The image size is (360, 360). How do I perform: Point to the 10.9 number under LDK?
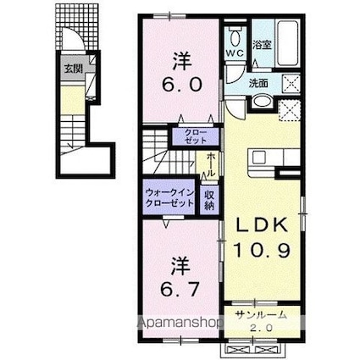(262, 252)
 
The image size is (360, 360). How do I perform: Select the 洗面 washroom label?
(258, 83)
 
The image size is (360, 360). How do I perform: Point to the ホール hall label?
(208, 163)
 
